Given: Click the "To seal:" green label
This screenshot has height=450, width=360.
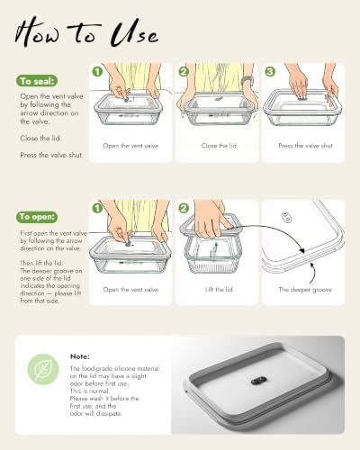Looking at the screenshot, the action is tap(37, 81).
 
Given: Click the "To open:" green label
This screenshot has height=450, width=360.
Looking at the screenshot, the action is tap(37, 217).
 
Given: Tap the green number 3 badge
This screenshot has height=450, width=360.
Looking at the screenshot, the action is tap(270, 71).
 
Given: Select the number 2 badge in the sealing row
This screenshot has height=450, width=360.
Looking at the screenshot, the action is tap(184, 71).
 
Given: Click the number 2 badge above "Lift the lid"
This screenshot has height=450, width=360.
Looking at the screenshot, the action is tap(184, 208).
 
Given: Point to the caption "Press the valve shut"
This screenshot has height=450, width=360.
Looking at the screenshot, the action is tap(305, 146).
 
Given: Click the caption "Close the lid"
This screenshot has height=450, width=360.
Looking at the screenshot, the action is tap(219, 146).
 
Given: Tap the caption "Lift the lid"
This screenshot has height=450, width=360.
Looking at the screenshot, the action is tap(219, 290).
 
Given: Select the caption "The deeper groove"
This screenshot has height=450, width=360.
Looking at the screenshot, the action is tap(305, 290).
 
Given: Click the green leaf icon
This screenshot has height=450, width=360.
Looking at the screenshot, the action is tap(43, 370).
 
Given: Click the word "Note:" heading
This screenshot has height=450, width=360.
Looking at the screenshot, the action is tap(80, 356).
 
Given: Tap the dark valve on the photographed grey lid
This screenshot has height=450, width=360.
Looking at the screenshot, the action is tap(257, 382).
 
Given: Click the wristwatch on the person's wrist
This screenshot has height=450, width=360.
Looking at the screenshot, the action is tap(247, 81).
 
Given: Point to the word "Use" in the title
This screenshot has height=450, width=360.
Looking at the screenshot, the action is tap(134, 33).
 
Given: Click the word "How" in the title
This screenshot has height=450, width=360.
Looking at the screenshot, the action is tap(38, 32).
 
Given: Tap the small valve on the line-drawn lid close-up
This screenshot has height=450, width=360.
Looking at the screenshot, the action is tap(286, 217).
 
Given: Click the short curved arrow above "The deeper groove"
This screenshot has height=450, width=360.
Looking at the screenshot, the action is tap(312, 273).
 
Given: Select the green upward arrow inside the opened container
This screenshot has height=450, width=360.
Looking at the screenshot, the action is tap(215, 248).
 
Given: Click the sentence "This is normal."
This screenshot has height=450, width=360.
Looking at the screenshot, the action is tap(90, 391).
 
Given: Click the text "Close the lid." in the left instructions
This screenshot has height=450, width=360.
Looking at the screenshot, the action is tap(40, 139).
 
